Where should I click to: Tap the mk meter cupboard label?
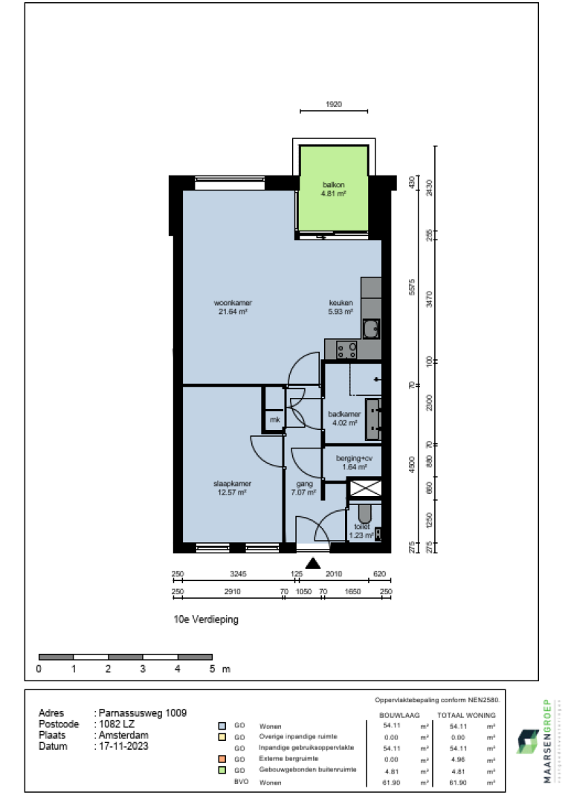274,420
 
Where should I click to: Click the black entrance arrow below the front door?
314,564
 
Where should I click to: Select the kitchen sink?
371,327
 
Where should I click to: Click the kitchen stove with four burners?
346,347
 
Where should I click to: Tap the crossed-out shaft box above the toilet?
365,489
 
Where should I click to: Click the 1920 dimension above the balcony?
333,105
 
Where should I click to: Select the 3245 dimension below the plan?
238,573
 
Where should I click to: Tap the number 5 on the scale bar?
212,669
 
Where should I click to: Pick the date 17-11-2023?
123,746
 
